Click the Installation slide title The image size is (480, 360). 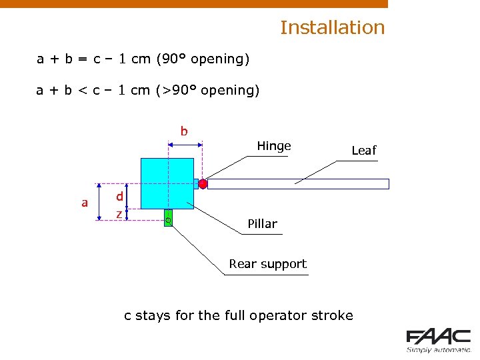pos(332,27)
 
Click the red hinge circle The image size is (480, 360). pos(203,183)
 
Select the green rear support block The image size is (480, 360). pos(168,217)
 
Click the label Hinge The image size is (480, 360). pos(274,146)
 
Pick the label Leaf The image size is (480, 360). pos(364,150)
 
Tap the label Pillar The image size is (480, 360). pos(262,223)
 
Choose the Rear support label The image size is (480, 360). pos(267,263)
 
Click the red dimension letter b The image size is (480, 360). pos(184,131)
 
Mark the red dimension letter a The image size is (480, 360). pos(85,202)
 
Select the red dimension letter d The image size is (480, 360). pos(119,196)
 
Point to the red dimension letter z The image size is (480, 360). pos(119,213)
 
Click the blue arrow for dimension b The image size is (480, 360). pos(185,142)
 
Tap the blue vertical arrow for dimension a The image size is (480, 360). pos(99,202)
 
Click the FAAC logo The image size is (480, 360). pos(438,340)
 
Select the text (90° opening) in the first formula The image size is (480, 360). pos(203,59)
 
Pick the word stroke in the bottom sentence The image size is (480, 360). pos(331,315)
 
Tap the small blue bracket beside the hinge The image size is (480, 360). pos(197,183)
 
